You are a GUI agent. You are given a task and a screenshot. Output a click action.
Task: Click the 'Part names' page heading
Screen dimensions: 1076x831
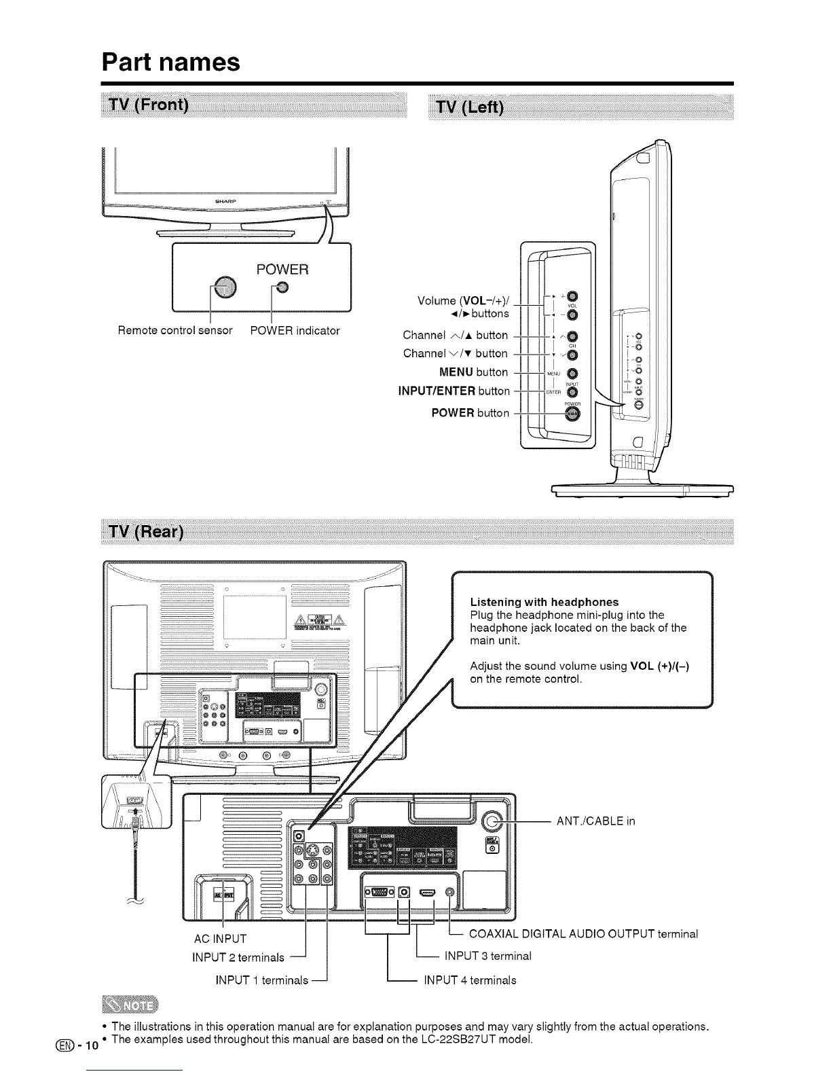[x=171, y=62]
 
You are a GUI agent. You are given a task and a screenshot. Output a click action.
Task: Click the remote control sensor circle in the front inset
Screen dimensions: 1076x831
[x=223, y=288]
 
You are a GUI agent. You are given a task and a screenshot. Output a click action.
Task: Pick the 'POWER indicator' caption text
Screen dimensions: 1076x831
[x=295, y=331]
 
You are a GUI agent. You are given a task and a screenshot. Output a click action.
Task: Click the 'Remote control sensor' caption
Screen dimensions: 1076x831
[x=175, y=331]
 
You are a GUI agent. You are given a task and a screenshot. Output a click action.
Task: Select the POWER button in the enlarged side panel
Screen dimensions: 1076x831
[x=572, y=414]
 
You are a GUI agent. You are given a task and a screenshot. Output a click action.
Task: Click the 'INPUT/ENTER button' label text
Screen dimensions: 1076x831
[x=454, y=391]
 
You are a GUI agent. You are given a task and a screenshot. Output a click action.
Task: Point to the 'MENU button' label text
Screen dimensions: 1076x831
[x=473, y=372]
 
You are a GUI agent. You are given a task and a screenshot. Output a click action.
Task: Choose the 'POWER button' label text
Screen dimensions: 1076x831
[x=470, y=413]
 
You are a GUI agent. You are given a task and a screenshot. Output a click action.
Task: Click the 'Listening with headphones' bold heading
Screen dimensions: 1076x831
[x=544, y=602]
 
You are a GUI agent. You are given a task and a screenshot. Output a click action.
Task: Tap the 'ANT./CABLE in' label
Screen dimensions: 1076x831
[x=595, y=821]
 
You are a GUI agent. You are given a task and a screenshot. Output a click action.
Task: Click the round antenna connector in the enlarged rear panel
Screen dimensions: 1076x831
[x=494, y=822]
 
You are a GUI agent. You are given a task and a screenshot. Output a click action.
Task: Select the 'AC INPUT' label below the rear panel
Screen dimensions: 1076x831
[x=220, y=939]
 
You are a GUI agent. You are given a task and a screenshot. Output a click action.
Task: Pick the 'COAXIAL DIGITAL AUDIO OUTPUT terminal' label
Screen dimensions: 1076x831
[x=583, y=933]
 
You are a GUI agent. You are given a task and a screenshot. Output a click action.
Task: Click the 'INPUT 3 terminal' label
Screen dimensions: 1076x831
[x=487, y=956]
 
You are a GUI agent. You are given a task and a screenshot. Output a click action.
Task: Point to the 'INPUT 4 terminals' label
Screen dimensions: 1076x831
[x=470, y=980]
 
